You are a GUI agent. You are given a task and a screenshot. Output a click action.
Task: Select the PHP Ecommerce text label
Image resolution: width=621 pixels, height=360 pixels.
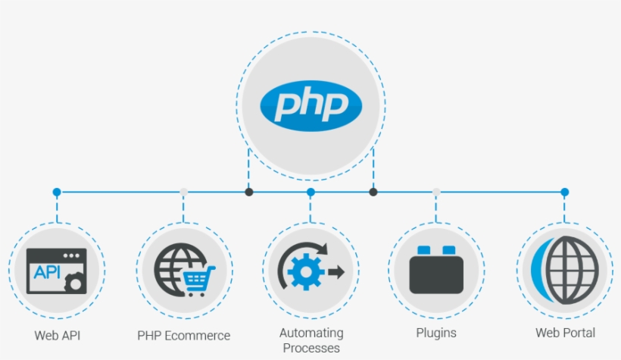183,335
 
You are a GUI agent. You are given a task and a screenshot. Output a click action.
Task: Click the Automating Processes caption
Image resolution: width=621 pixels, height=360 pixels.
311,340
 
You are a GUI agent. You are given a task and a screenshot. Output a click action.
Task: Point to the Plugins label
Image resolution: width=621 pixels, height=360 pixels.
436,333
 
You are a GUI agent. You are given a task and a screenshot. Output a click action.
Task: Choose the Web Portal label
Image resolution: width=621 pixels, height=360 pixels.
565,333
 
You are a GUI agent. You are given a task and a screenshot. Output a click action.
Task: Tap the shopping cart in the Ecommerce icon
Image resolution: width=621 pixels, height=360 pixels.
199,280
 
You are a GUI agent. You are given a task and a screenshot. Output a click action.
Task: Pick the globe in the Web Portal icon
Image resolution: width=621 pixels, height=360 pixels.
572,270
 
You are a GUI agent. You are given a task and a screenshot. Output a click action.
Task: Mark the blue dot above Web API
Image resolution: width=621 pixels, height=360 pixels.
57,193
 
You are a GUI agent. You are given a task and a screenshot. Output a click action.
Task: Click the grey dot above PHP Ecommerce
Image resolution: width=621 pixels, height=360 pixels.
183,193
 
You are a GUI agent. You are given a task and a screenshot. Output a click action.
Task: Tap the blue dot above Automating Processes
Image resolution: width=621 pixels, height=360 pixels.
310,193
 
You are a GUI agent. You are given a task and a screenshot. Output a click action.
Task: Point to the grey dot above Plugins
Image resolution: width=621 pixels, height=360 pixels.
436,193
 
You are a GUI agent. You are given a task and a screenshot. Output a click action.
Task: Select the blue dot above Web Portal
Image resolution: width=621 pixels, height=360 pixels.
564,193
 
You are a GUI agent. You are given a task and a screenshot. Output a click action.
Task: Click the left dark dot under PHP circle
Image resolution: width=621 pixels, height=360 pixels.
248,193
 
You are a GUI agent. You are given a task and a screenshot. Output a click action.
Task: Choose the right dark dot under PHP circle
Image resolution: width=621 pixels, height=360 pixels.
373,193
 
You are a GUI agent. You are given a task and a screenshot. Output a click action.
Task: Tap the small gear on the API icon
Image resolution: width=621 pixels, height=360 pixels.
73,283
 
